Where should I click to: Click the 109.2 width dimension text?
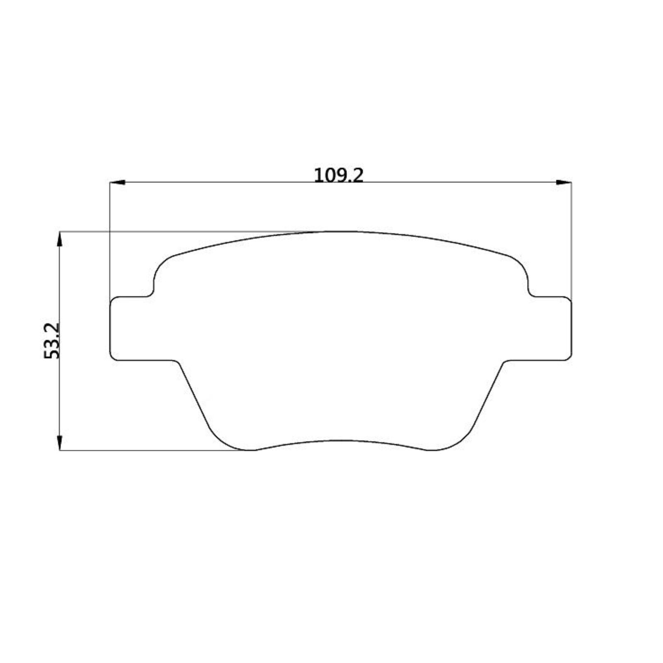coord(339,175)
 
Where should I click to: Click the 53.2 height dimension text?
coord(53,341)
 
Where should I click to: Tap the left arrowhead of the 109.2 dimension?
coord(117,182)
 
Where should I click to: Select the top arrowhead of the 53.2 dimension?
coord(60,240)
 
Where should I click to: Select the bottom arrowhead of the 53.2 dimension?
coord(60,442)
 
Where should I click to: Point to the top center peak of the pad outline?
coord(340,232)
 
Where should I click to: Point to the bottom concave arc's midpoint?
coord(340,441)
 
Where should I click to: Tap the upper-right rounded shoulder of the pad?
coord(520,264)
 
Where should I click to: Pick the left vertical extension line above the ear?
coord(110,240)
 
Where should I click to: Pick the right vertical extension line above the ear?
coord(571,240)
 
